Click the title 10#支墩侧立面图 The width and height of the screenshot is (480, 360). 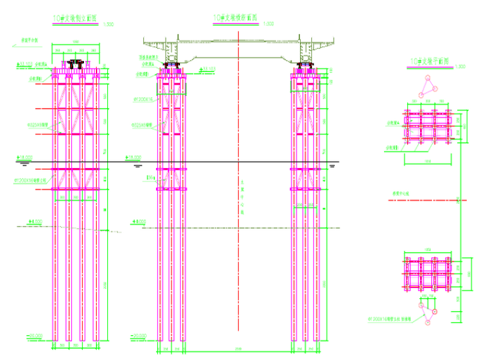point(75,19)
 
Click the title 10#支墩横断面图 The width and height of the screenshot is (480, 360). point(236,18)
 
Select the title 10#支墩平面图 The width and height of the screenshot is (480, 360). point(429,61)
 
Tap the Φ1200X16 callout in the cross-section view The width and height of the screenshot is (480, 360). point(144,99)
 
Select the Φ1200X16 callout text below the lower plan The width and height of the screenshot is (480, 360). point(393,320)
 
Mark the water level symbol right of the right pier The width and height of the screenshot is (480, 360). point(332,166)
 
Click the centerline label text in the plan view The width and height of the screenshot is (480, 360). point(400,193)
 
